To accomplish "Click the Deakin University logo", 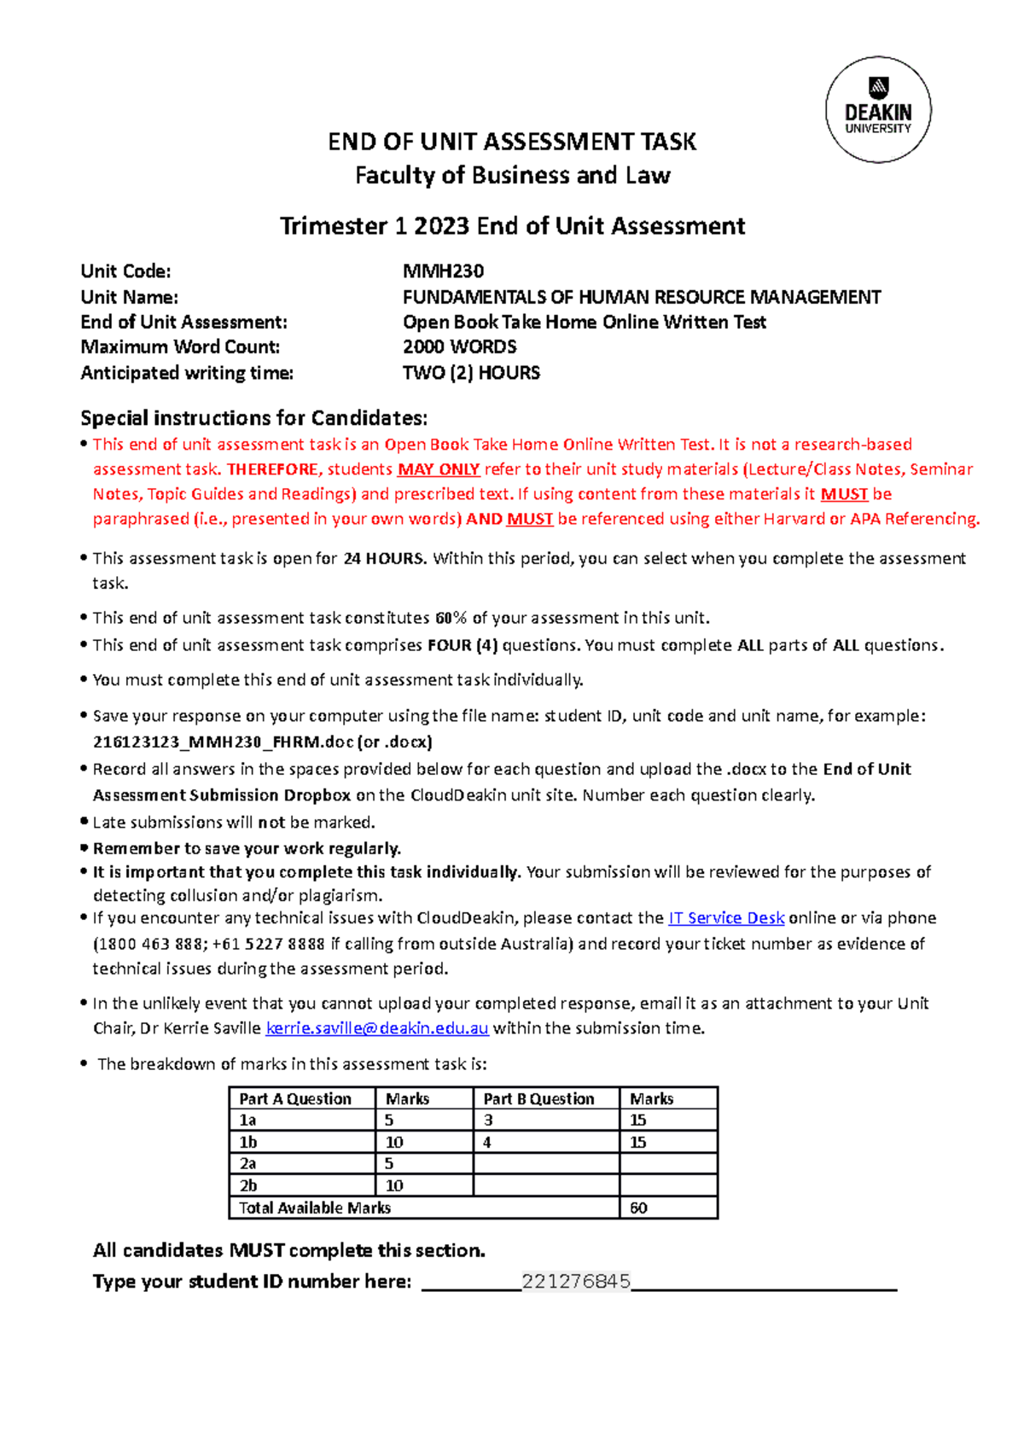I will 878,109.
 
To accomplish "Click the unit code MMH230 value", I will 443,271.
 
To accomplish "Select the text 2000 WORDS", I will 459,347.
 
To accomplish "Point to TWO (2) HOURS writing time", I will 471,373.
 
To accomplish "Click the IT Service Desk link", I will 725,918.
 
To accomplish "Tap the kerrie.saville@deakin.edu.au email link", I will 377,1028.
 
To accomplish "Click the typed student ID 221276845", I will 576,1281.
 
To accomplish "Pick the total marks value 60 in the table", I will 639,1207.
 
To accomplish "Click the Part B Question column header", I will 538,1099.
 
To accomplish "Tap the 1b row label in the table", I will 248,1142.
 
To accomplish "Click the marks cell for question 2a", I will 423,1163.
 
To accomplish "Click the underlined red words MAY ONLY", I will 438,469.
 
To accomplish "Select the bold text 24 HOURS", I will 383,559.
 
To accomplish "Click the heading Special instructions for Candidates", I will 253,418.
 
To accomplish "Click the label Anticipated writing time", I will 187,373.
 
